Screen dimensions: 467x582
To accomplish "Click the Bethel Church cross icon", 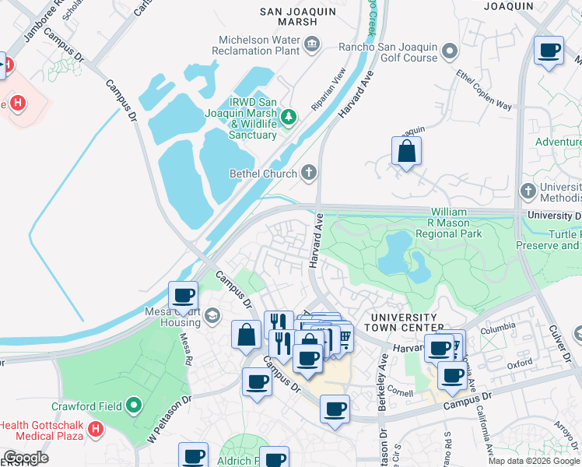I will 309,173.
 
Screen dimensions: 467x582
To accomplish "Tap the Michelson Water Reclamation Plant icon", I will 312,44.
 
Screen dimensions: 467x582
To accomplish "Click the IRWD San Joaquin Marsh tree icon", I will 289,118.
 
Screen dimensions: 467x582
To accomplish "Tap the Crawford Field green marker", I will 134,406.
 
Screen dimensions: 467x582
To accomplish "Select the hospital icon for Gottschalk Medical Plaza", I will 95,429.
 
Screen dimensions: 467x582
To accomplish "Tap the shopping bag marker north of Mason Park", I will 406,152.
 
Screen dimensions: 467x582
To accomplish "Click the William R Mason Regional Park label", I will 449,223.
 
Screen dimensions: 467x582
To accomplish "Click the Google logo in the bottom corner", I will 26,457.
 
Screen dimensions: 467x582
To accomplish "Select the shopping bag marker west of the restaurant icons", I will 246,335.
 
